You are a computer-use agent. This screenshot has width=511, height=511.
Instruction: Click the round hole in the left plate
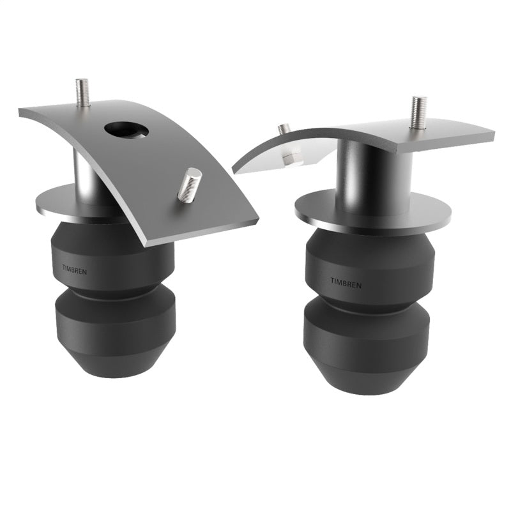coord(126,130)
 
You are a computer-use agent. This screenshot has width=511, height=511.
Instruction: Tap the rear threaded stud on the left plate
coord(82,93)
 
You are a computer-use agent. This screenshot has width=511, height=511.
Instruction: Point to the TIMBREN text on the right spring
coord(346,282)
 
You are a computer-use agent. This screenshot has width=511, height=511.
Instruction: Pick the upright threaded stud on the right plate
coord(419,112)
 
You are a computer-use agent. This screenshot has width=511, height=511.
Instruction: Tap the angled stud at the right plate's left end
coord(284,130)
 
